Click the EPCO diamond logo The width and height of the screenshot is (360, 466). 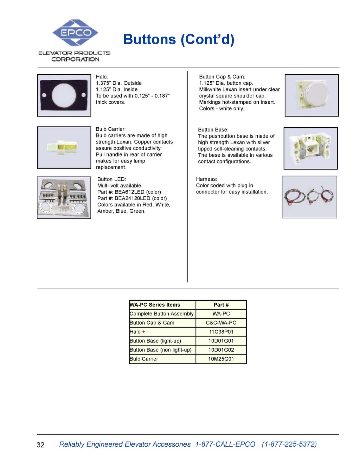75,33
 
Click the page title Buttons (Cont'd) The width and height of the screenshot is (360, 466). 179,39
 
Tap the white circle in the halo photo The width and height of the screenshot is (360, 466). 64,95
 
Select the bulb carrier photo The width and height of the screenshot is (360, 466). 64,148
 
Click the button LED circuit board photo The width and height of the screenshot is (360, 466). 64,198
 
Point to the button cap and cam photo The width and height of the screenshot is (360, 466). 311,95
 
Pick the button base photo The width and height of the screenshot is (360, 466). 310,148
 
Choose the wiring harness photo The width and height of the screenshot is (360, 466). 309,197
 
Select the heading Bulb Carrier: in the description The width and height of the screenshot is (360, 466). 111,129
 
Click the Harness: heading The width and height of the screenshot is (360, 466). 206,179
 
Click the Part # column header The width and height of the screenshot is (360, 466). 221,305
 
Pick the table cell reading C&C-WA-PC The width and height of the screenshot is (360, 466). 221,323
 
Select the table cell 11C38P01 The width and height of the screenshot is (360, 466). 221,332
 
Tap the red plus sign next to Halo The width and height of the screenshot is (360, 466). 144,332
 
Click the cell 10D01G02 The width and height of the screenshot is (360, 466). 221,350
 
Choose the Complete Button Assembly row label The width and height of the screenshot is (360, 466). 162,314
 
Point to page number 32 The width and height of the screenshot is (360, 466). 40,445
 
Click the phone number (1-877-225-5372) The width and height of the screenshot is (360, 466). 289,444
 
